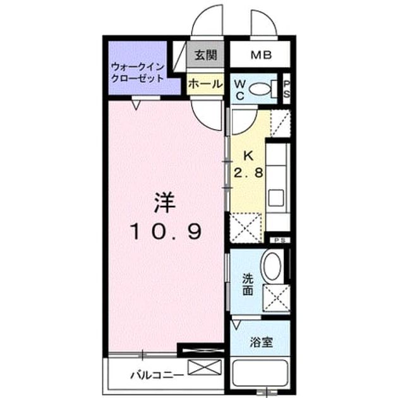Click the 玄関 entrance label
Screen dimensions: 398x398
click(x=205, y=55)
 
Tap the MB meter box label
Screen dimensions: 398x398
click(x=261, y=55)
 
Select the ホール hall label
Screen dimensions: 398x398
click(x=205, y=84)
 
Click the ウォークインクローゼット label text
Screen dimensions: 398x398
click(x=138, y=73)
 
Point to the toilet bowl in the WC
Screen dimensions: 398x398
click(x=260, y=89)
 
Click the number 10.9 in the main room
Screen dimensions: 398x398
click(x=166, y=231)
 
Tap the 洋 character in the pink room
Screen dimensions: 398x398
click(x=165, y=203)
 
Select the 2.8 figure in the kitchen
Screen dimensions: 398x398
click(x=248, y=173)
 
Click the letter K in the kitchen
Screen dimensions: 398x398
click(x=248, y=155)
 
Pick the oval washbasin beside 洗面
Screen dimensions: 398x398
click(x=272, y=265)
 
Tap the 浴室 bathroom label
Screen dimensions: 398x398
click(x=261, y=342)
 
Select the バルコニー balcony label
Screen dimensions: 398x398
click(x=157, y=375)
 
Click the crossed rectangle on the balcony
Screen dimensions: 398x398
click(x=205, y=367)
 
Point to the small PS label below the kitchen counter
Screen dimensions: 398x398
click(x=279, y=240)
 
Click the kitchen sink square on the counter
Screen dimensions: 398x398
click(x=276, y=198)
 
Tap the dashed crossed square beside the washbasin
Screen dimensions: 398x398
click(x=277, y=298)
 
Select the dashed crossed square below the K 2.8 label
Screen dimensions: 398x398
click(x=246, y=227)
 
